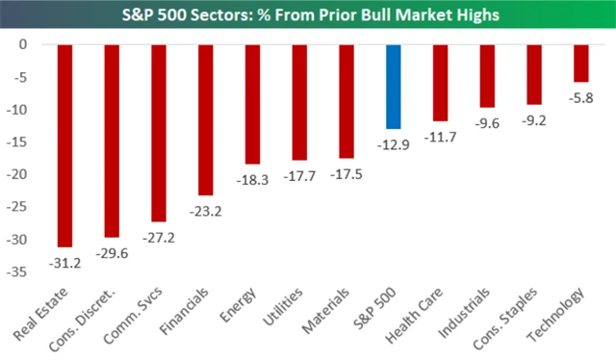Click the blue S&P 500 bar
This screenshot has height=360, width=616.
click(393, 87)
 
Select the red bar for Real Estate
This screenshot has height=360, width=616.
click(65, 145)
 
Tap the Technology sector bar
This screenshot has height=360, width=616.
click(580, 64)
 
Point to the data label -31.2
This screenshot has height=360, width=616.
click(65, 259)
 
